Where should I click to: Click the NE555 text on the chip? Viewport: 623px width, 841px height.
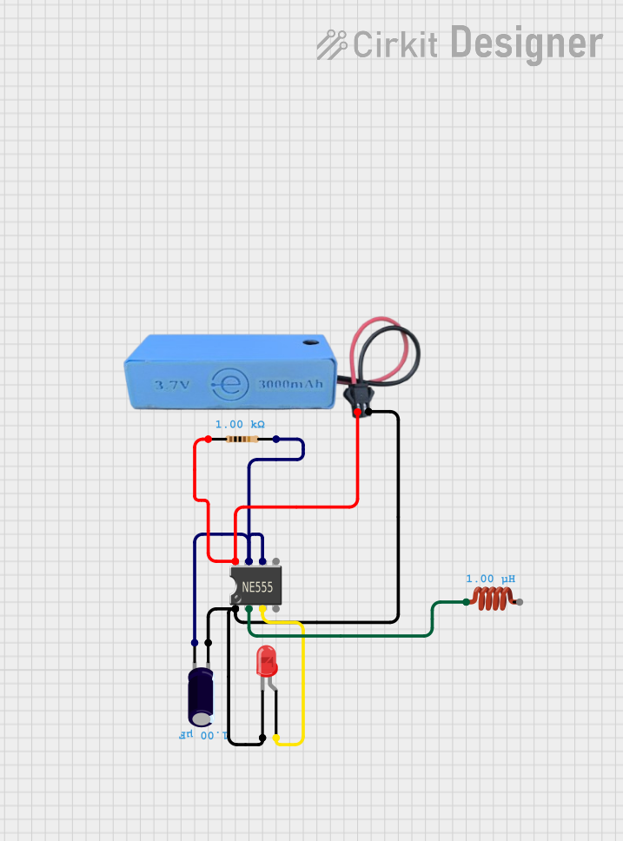tap(257, 588)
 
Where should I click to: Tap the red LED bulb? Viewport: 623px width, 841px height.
tap(267, 663)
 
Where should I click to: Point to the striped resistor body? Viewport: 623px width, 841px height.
tap(242, 440)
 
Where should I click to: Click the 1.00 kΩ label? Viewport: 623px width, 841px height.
tap(240, 424)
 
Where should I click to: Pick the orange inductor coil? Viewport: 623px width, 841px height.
tap(493, 598)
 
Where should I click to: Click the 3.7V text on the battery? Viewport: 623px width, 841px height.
tap(171, 385)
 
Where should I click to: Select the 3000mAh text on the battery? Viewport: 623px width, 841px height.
tap(289, 384)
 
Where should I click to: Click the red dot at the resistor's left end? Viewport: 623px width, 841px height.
tap(208, 440)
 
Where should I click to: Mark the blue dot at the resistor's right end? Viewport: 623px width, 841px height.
tap(276, 440)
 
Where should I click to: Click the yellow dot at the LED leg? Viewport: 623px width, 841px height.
tap(276, 738)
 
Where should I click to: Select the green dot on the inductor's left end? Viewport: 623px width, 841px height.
tap(467, 601)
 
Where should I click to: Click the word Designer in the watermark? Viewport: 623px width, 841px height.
tap(527, 43)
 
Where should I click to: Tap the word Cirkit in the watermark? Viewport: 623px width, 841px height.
tap(395, 45)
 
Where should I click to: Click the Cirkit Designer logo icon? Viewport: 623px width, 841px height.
tap(331, 44)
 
